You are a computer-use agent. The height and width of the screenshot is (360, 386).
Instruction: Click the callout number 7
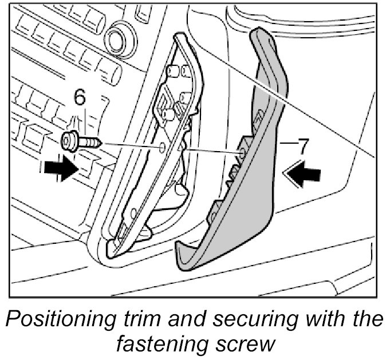tap(302, 145)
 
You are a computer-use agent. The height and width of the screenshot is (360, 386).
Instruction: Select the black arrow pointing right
tap(60, 170)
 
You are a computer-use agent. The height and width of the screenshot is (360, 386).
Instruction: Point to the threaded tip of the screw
tap(98, 140)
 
